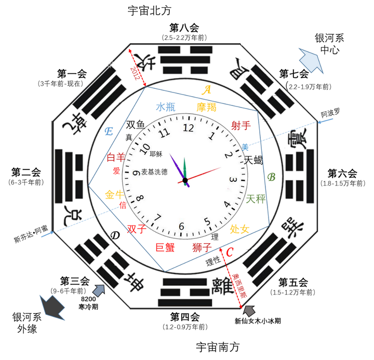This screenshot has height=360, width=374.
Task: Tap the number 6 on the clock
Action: click(x=181, y=226)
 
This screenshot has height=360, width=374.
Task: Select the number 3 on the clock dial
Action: click(x=233, y=180)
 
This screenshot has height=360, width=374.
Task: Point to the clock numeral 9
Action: click(x=136, y=173)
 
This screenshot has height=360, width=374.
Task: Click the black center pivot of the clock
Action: click(x=184, y=180)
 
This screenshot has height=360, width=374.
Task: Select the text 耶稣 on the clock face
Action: click(x=155, y=154)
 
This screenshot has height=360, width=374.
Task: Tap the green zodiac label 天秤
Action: click(x=256, y=198)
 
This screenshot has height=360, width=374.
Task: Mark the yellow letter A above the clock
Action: click(x=207, y=90)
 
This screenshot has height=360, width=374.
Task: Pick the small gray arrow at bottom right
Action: click(x=250, y=311)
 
